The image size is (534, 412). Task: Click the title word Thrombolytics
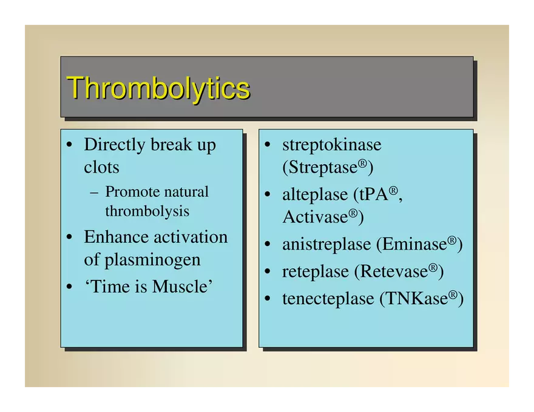(x=158, y=88)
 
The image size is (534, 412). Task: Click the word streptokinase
(x=332, y=145)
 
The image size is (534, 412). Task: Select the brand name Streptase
(x=323, y=167)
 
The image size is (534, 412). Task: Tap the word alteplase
(x=315, y=195)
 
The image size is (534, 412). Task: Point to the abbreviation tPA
(x=374, y=194)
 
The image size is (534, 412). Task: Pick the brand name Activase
(x=316, y=217)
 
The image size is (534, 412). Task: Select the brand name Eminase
(x=414, y=244)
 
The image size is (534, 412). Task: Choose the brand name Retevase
(x=394, y=271)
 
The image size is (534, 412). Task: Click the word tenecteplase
(x=328, y=299)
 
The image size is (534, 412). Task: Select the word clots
(x=101, y=167)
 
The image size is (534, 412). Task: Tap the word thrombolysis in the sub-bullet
(x=147, y=211)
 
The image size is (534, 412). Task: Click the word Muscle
(x=180, y=286)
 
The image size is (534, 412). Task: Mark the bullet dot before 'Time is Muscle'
(x=69, y=287)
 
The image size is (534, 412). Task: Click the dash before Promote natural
(x=94, y=193)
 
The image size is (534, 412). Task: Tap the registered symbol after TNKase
(x=452, y=294)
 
